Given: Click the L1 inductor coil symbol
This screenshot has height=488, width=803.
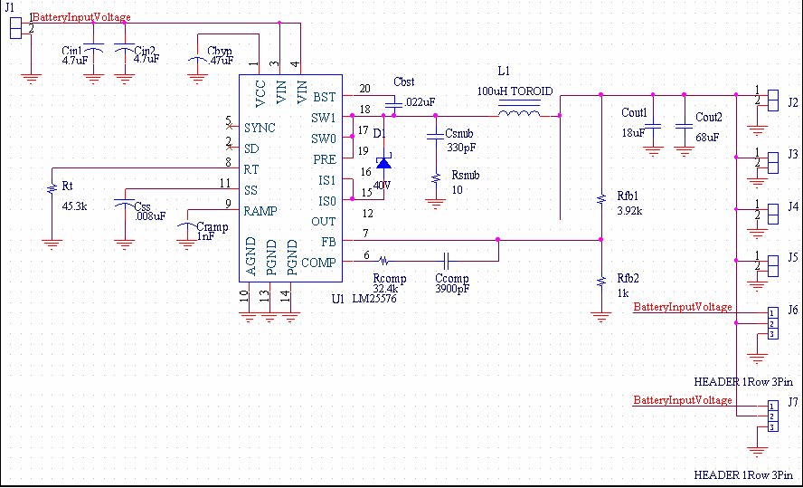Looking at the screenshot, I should point(520,115).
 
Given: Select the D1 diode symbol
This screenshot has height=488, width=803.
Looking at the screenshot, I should point(383,163).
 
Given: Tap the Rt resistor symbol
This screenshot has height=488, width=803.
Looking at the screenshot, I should point(52,188).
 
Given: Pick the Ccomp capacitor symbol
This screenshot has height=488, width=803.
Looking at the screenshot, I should point(447,257).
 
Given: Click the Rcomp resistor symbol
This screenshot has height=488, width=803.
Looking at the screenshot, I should point(383,257).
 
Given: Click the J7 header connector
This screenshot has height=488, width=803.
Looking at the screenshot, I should point(772,416).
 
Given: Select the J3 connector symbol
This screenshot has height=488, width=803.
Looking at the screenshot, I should point(772,162).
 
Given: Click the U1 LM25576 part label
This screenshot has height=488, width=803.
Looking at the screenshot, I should point(367,298).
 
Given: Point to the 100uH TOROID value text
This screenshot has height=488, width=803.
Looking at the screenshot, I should point(515,92).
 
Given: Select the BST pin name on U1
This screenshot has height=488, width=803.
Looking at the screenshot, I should point(324,96).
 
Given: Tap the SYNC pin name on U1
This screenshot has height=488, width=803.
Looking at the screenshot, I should point(260,128).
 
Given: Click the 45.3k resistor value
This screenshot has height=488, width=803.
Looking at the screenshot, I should point(74,206).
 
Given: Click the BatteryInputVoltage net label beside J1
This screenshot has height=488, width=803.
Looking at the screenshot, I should point(82,17).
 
